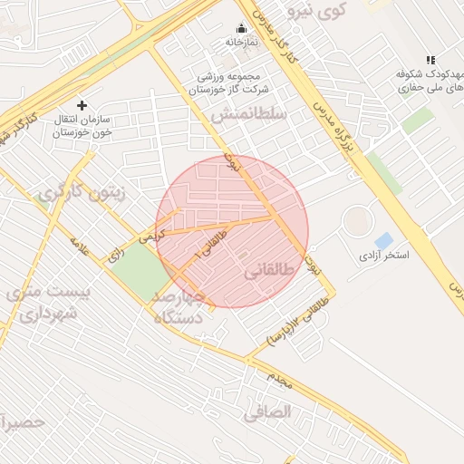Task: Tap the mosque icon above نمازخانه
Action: [x=241, y=27]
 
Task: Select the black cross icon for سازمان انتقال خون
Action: [x=82, y=106]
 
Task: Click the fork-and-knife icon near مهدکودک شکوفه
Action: [x=430, y=60]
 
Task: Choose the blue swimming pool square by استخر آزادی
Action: [x=384, y=241]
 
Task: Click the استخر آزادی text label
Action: [x=384, y=256]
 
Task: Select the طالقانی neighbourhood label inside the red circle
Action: [x=269, y=271]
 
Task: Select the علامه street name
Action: [x=80, y=246]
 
